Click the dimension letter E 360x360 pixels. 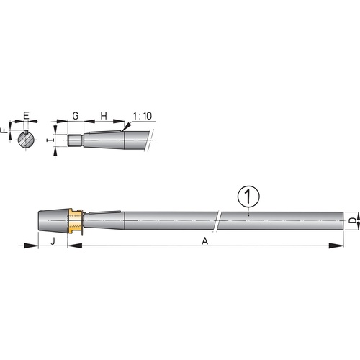coord(26,115)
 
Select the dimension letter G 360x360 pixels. coord(76,115)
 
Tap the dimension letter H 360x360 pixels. coord(103,115)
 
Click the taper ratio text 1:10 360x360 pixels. coord(142,115)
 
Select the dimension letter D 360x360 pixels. coord(351,219)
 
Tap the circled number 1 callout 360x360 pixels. coord(247,195)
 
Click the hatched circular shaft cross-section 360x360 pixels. coord(26,139)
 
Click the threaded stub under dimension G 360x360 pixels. coord(75,141)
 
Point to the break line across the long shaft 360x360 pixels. coord(220,218)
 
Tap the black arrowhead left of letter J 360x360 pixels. coord(30,246)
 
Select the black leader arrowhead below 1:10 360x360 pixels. coord(128,127)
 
